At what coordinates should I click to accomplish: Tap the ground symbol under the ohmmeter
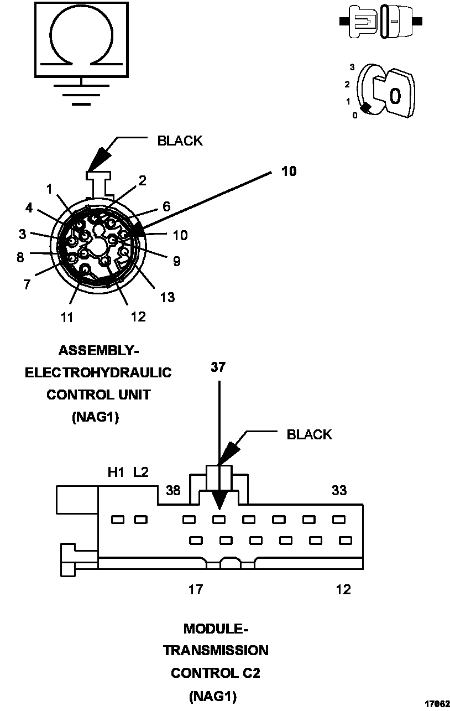click(x=81, y=94)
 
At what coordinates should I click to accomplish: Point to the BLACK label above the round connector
click(x=180, y=141)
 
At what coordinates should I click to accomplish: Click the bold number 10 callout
click(x=289, y=172)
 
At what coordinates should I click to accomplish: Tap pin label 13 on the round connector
click(x=167, y=297)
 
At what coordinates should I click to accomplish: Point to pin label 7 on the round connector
click(x=27, y=284)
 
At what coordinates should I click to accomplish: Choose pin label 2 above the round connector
click(x=142, y=180)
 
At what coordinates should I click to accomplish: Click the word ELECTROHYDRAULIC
click(x=98, y=372)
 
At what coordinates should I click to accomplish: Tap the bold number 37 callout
click(x=218, y=367)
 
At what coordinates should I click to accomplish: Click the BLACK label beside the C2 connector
click(x=309, y=434)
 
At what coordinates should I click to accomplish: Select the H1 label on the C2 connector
click(x=116, y=473)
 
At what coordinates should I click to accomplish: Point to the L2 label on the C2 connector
click(x=141, y=473)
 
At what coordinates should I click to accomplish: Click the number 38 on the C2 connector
click(x=173, y=490)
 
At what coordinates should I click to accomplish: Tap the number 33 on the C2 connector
click(x=339, y=490)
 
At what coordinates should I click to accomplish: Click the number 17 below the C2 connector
click(x=196, y=589)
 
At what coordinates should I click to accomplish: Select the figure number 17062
click(x=437, y=704)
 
